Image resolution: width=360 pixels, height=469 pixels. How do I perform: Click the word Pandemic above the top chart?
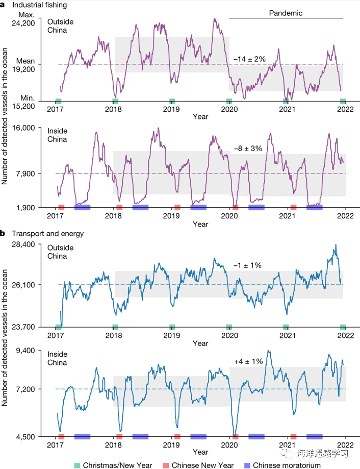[286, 13]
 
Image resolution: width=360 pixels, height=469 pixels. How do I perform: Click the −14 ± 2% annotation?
[250, 59]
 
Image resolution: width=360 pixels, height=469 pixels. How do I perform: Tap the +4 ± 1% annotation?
[248, 361]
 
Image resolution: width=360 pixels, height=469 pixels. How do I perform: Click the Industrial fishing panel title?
[33, 5]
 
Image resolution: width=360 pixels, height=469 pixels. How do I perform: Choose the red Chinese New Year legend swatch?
[166, 465]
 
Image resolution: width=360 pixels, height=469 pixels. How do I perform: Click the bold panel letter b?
[3, 234]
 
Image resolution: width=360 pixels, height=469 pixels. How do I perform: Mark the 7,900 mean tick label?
[25, 174]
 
